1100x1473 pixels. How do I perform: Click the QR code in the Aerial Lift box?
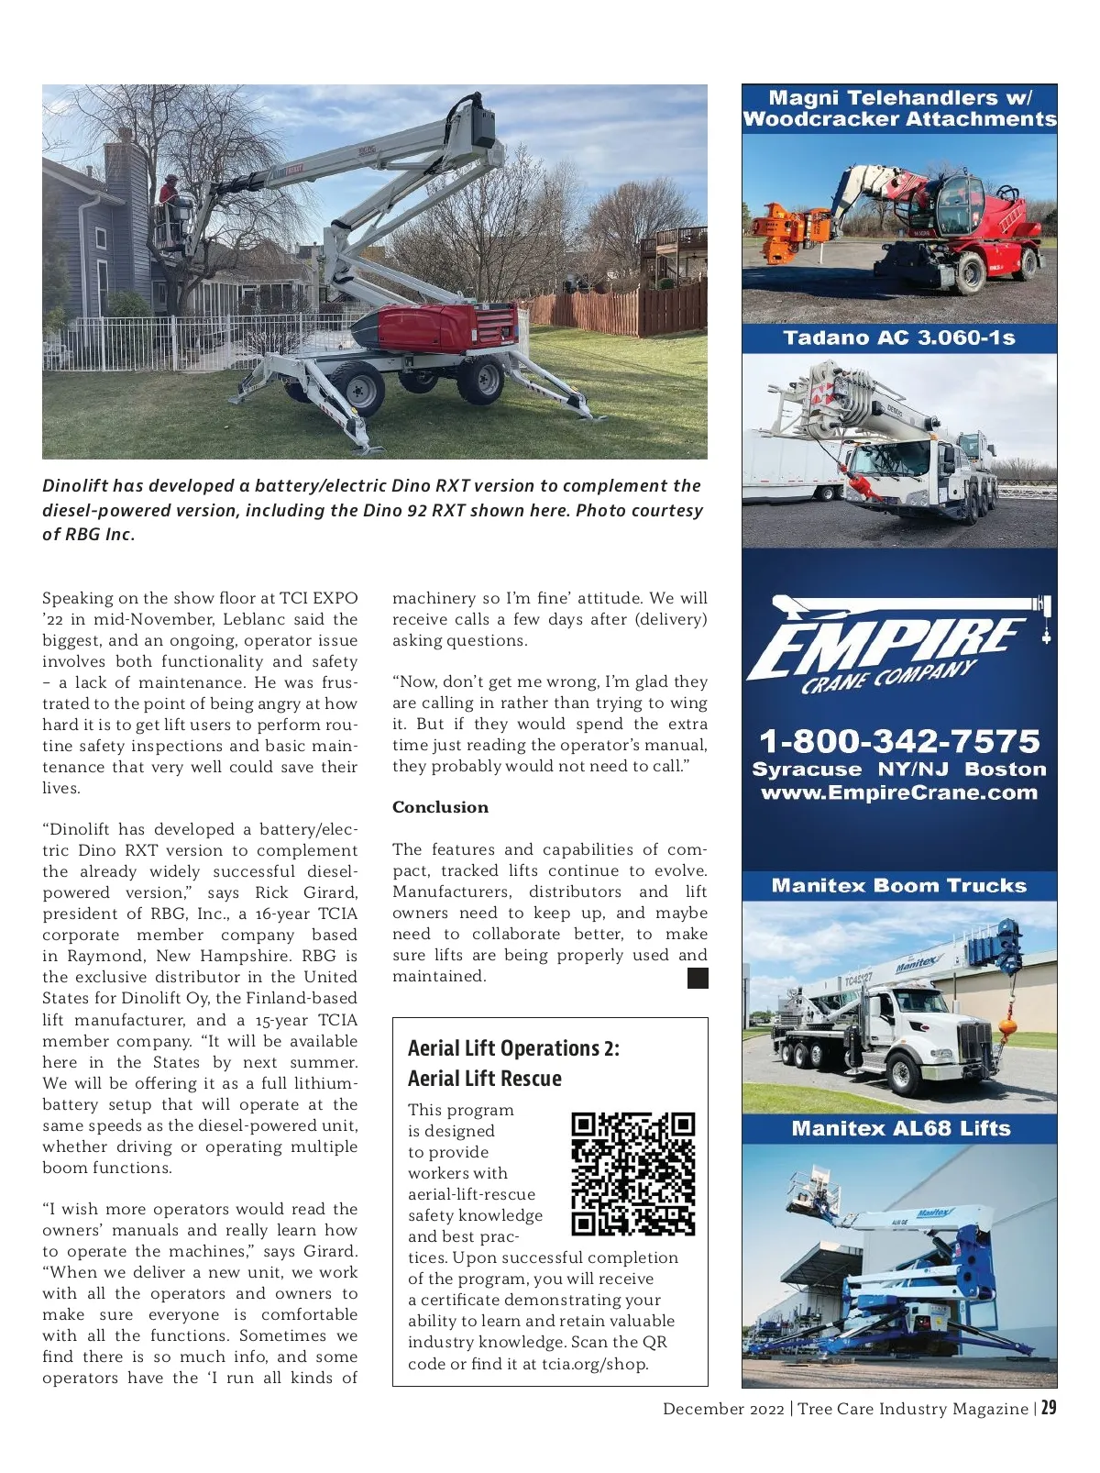(x=632, y=1173)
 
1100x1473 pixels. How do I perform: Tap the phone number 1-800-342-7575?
(x=899, y=740)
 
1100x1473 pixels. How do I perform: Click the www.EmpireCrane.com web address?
(x=899, y=792)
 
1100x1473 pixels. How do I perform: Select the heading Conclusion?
(x=440, y=807)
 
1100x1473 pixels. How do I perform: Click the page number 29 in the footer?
(x=1048, y=1408)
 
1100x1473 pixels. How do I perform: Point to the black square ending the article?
(x=698, y=979)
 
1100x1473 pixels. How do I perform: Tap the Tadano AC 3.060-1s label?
(x=899, y=338)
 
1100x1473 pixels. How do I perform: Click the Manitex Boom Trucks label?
(x=899, y=885)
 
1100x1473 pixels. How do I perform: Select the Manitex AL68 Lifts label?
(x=900, y=1128)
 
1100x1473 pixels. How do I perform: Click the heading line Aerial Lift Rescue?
(x=484, y=1079)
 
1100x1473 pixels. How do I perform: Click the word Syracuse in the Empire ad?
(x=807, y=769)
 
